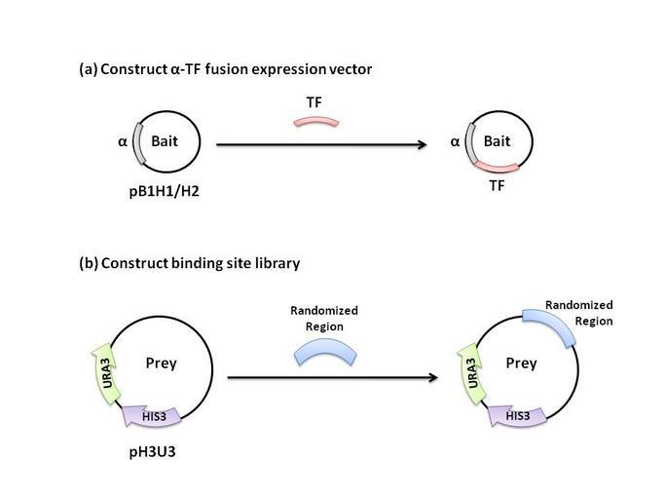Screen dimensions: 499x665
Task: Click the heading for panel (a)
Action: coord(225,70)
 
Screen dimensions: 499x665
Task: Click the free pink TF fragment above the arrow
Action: coord(316,123)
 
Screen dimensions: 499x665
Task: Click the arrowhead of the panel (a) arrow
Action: coord(425,145)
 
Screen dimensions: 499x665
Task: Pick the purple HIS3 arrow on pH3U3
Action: coord(149,417)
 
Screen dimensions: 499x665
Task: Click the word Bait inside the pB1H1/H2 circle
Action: coord(165,141)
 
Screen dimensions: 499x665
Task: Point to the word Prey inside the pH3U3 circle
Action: coord(161,365)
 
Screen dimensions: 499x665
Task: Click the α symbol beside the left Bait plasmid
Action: coord(123,141)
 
